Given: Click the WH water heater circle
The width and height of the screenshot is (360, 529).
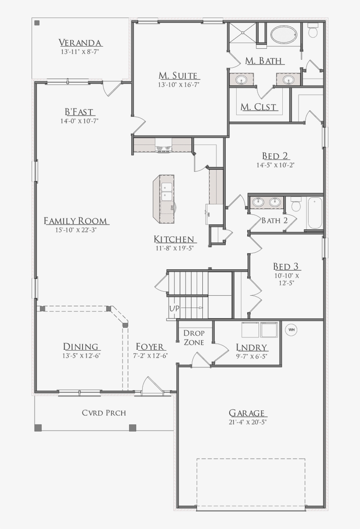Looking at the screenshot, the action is pos(291,330).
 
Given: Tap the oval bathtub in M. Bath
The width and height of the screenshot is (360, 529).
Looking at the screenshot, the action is pos(284,35).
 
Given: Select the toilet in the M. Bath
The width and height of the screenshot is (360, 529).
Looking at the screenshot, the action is pos(313,30).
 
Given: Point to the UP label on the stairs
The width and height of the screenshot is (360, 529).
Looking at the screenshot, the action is pos(174,308).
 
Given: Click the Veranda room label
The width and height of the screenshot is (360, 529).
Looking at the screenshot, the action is pos(80,43).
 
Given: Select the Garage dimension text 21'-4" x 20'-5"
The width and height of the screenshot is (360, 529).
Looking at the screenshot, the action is pos(248,422).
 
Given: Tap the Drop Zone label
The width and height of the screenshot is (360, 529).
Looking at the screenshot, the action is pos(194,338).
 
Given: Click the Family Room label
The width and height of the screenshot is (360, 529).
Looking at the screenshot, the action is pos(76,221).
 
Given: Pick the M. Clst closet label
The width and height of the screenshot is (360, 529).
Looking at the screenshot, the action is pos(259,107).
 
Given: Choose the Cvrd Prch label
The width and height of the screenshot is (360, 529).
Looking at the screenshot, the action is pos(104,413).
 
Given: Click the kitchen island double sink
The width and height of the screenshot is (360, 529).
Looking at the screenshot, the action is pos(167,191).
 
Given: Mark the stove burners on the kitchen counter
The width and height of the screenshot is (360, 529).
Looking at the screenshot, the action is pos(163,148).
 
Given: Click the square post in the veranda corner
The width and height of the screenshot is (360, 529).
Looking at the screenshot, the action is pos(37,23).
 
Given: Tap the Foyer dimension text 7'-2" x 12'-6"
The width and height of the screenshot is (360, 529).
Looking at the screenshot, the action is pos(150,355).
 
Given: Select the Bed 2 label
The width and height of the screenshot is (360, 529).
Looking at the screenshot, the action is pos(275,156).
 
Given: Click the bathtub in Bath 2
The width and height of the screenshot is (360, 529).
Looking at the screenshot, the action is pos(315,213).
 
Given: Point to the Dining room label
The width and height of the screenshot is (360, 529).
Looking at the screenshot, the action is pos(81,347).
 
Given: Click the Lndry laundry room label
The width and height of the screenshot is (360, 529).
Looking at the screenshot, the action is pos(252,348).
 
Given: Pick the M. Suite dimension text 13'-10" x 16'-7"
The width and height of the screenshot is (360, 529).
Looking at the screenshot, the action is pos(179,84).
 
